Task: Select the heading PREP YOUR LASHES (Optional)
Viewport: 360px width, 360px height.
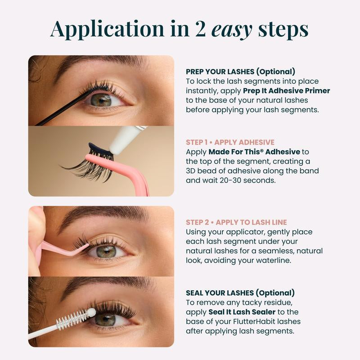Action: pos(240,71)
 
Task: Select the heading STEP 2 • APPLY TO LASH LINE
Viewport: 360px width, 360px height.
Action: pos(236,222)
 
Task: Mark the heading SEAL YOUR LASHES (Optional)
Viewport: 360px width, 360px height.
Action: pos(240,292)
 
